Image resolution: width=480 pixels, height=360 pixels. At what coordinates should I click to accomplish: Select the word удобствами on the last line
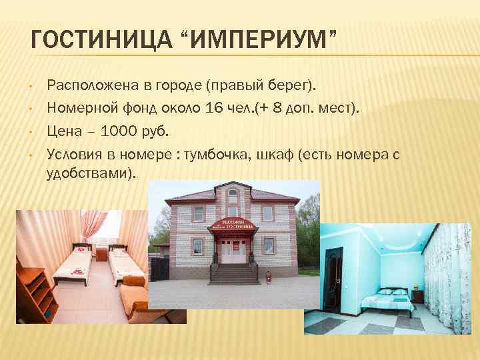point(89,173)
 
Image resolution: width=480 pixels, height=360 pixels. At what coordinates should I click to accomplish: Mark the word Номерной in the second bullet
point(77,108)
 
